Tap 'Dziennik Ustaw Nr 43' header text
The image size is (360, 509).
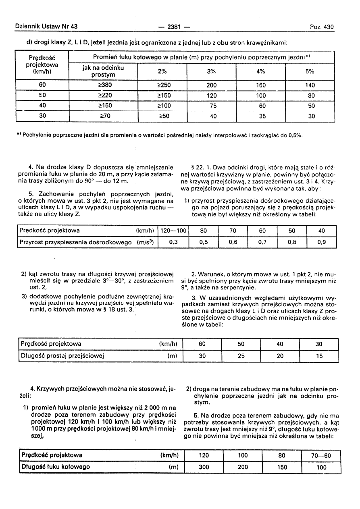click(x=46, y=27)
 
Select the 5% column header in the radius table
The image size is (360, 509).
click(x=310, y=71)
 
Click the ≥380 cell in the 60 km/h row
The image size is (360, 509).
click(x=103, y=85)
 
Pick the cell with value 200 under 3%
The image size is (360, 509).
click(x=211, y=85)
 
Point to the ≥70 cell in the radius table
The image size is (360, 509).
click(x=103, y=116)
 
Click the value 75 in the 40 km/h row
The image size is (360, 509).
click(x=211, y=106)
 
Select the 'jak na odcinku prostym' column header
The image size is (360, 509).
click(x=103, y=71)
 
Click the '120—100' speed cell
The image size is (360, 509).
click(x=174, y=231)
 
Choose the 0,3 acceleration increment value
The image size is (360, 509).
click(x=174, y=242)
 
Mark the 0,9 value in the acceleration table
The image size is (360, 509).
click(x=321, y=242)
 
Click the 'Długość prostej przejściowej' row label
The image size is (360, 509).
click(x=62, y=356)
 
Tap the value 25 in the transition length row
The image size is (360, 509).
click(x=241, y=356)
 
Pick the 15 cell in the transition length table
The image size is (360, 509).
click(x=319, y=356)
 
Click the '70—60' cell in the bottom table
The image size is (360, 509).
click(x=321, y=455)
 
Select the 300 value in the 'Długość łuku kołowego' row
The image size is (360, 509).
click(x=204, y=467)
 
